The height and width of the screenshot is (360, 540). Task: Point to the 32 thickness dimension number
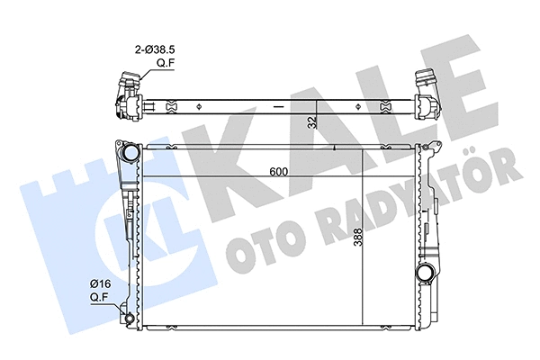[x=312, y=121]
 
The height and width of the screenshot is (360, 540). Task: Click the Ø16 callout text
[x=100, y=283]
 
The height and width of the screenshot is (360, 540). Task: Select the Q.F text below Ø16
[x=100, y=296]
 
